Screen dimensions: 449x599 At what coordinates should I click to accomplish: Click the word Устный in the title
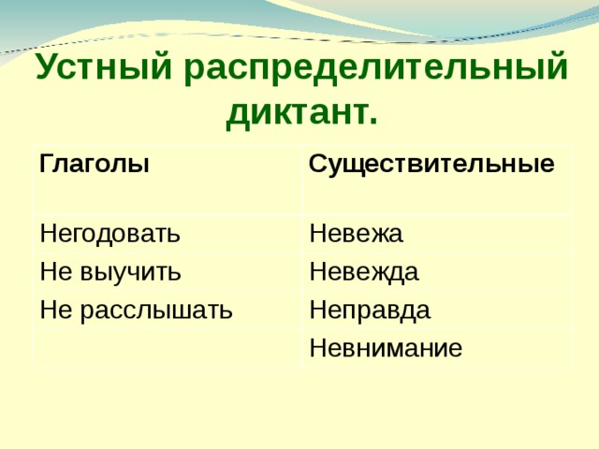coord(103,69)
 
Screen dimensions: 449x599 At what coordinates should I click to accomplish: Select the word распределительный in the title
coord(376,69)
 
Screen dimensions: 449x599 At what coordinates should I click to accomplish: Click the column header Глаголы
coord(94,165)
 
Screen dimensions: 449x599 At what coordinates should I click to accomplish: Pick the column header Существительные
coord(431,165)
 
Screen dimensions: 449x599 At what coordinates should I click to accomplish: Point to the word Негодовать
coord(110,233)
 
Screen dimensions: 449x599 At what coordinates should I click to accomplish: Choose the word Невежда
coord(364,272)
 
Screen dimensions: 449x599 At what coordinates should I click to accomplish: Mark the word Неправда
coord(370,309)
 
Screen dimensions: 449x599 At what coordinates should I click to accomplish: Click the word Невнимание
coord(386,349)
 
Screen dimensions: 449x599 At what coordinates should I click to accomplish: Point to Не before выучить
coord(54,272)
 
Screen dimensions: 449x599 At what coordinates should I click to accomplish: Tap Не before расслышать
coord(54,309)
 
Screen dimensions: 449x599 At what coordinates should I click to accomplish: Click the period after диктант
coord(373,123)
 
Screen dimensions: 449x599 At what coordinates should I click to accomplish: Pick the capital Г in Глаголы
coord(46,165)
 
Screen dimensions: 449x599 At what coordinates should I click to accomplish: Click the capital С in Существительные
coord(318,165)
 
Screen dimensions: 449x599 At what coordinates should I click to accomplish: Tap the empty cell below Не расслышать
coord(168,348)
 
